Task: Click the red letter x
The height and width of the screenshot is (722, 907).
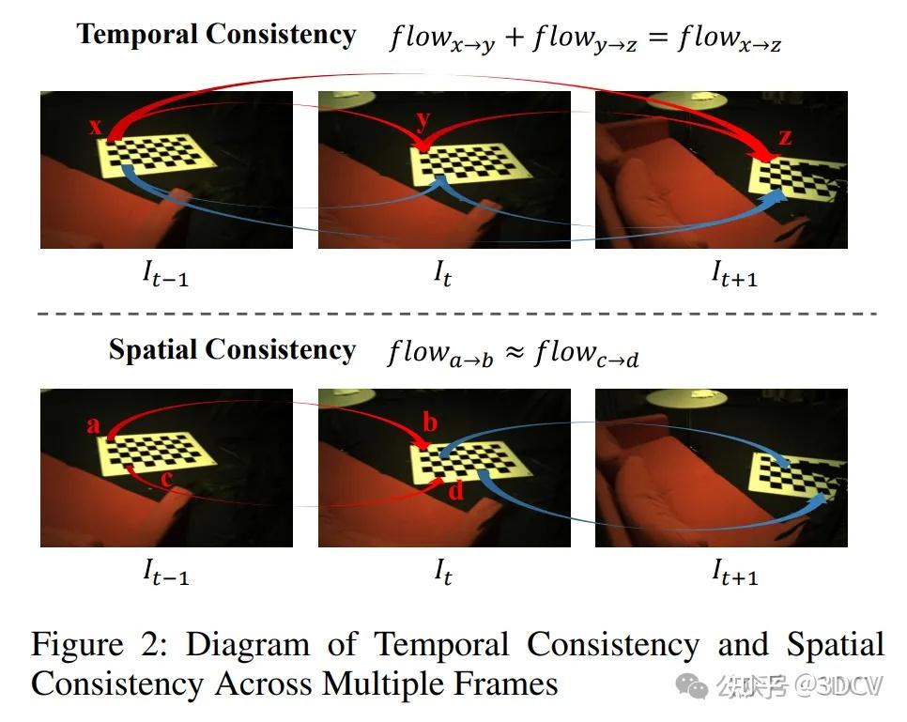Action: tap(95, 126)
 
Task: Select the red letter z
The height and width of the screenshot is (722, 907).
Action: tap(785, 138)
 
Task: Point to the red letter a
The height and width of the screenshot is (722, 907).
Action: tap(93, 425)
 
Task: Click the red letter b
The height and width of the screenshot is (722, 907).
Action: tap(430, 422)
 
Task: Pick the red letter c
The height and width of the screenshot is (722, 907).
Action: tap(166, 480)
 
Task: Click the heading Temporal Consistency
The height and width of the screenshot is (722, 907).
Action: tap(216, 35)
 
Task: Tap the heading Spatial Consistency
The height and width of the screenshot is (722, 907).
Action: tap(232, 350)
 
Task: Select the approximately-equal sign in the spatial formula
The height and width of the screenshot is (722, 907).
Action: tap(515, 354)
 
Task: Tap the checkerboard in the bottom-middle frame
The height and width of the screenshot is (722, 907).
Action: tap(461, 459)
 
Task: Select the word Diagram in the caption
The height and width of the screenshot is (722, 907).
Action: tap(247, 646)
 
